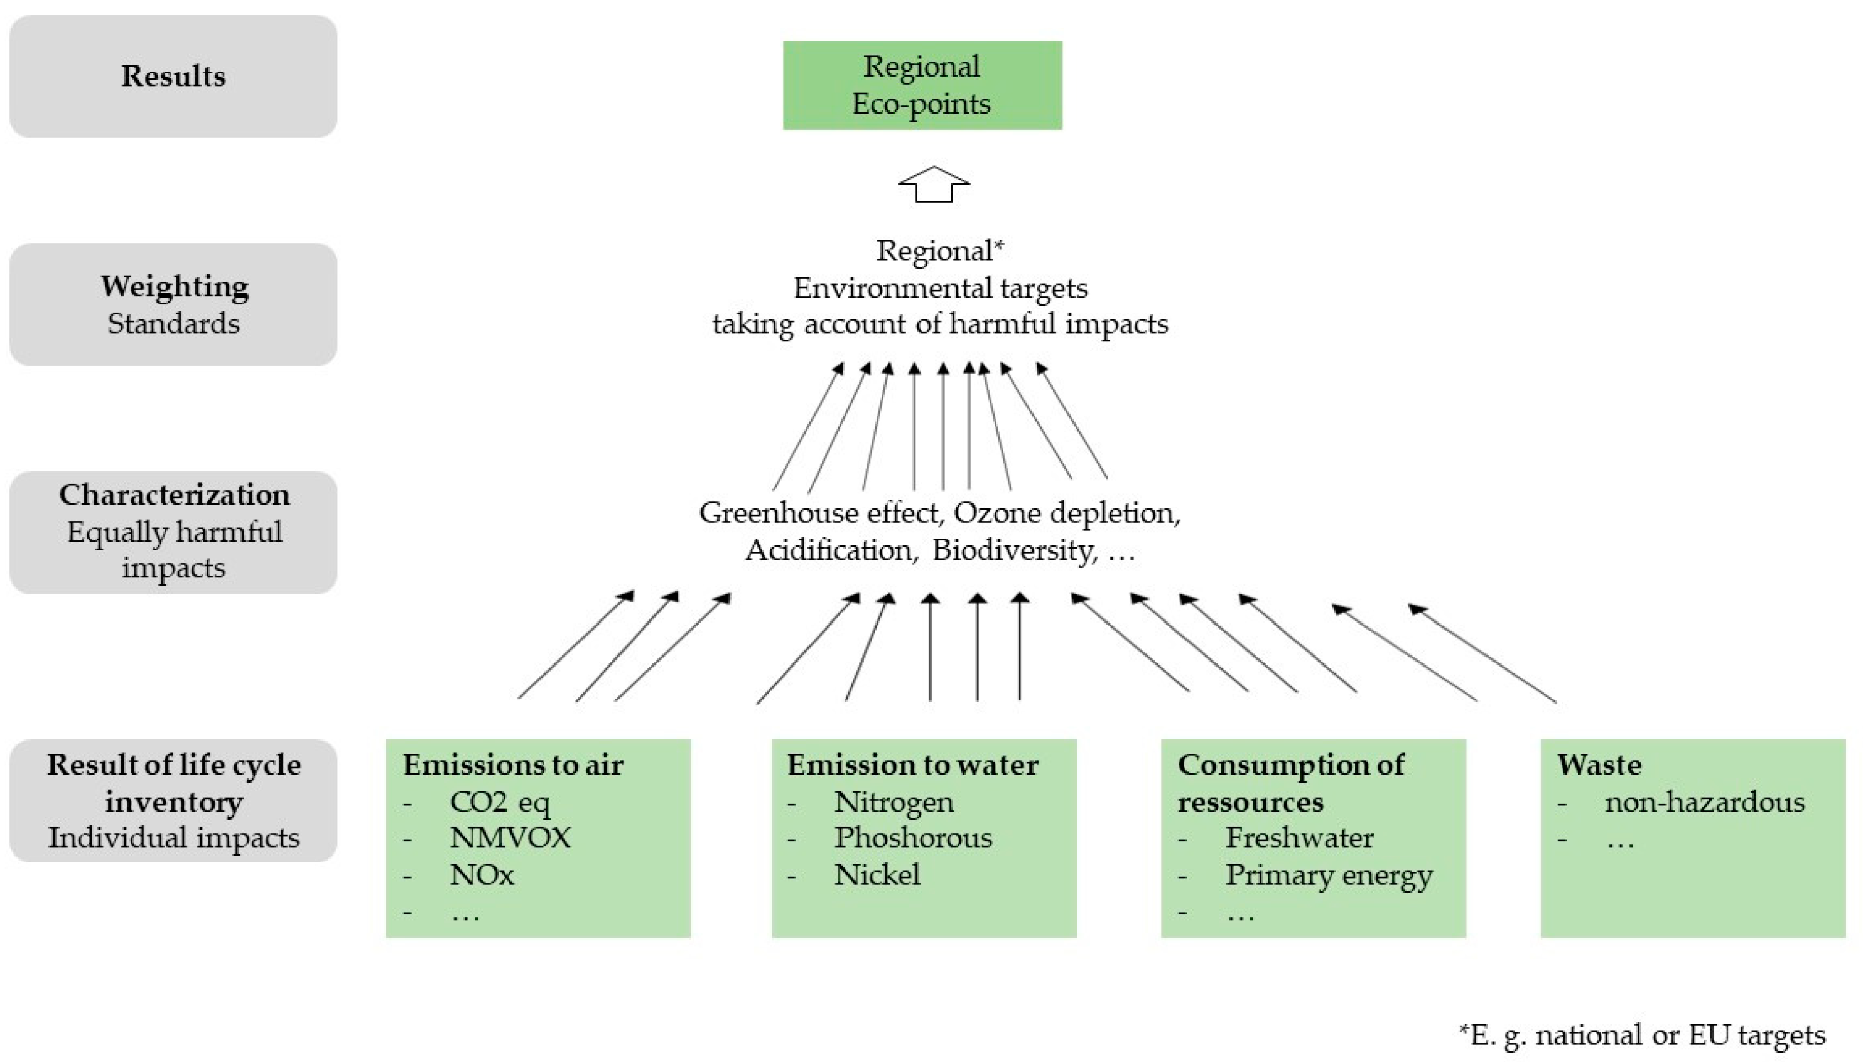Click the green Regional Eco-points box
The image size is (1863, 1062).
922,85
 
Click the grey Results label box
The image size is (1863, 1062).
173,77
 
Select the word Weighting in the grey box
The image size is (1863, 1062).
175,287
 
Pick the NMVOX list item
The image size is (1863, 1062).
510,838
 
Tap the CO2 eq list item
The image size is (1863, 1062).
500,802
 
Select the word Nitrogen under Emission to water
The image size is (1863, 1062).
894,802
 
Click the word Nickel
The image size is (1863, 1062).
877,874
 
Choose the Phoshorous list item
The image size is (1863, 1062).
912,838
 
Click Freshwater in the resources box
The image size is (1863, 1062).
1299,838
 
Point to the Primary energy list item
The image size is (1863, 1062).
1328,874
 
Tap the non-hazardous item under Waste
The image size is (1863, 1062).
1704,802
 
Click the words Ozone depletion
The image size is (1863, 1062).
1066,513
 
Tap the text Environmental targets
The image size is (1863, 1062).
940,288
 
